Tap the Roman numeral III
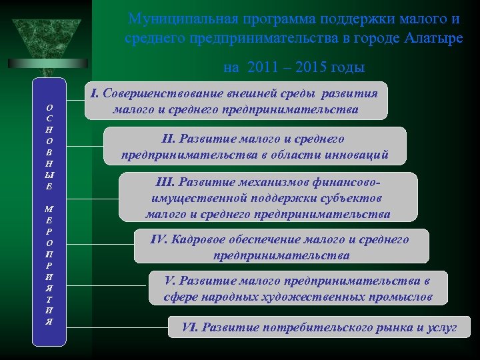pyautogui.click(x=164, y=183)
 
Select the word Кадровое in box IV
pyautogui.click(x=199, y=239)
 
